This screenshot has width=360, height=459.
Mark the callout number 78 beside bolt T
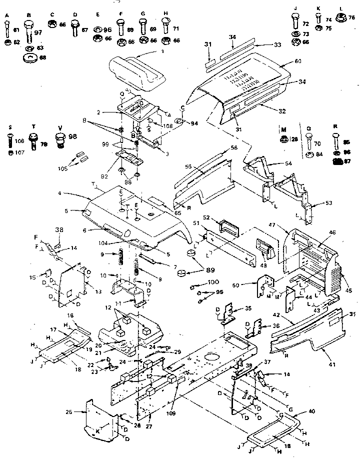click(x=43, y=144)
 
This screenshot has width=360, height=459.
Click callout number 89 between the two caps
click(x=196, y=270)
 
